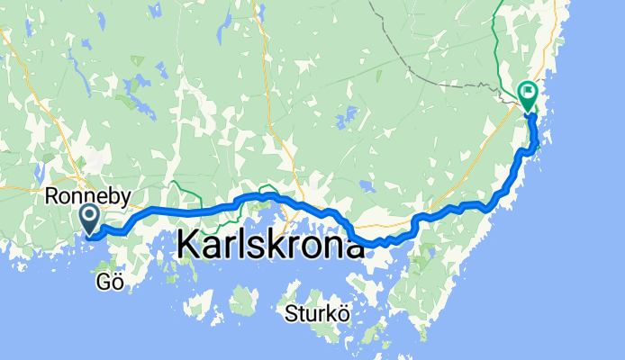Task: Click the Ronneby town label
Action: click(87, 195)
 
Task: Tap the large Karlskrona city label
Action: click(270, 243)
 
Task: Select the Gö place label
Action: click(106, 283)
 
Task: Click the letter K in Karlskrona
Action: click(190, 244)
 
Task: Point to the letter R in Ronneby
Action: click(51, 195)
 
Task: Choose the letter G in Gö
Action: click(100, 283)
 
